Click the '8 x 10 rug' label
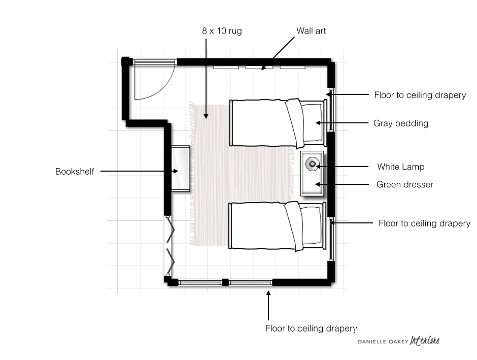point(222,31)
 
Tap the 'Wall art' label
point(311,31)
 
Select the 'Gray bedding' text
point(401,123)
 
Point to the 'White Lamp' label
point(401,167)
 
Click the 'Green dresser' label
point(404,184)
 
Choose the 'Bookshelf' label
point(75,171)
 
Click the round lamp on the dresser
point(312,164)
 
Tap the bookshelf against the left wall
point(180,169)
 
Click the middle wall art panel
point(259,67)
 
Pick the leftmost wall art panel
point(226,67)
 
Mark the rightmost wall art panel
point(293,67)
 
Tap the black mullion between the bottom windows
point(225,282)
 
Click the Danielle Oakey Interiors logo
point(398,341)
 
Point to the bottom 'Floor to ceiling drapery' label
point(311,329)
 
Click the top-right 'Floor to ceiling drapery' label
point(420,95)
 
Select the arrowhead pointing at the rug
point(206,116)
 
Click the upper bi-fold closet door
point(171,229)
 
